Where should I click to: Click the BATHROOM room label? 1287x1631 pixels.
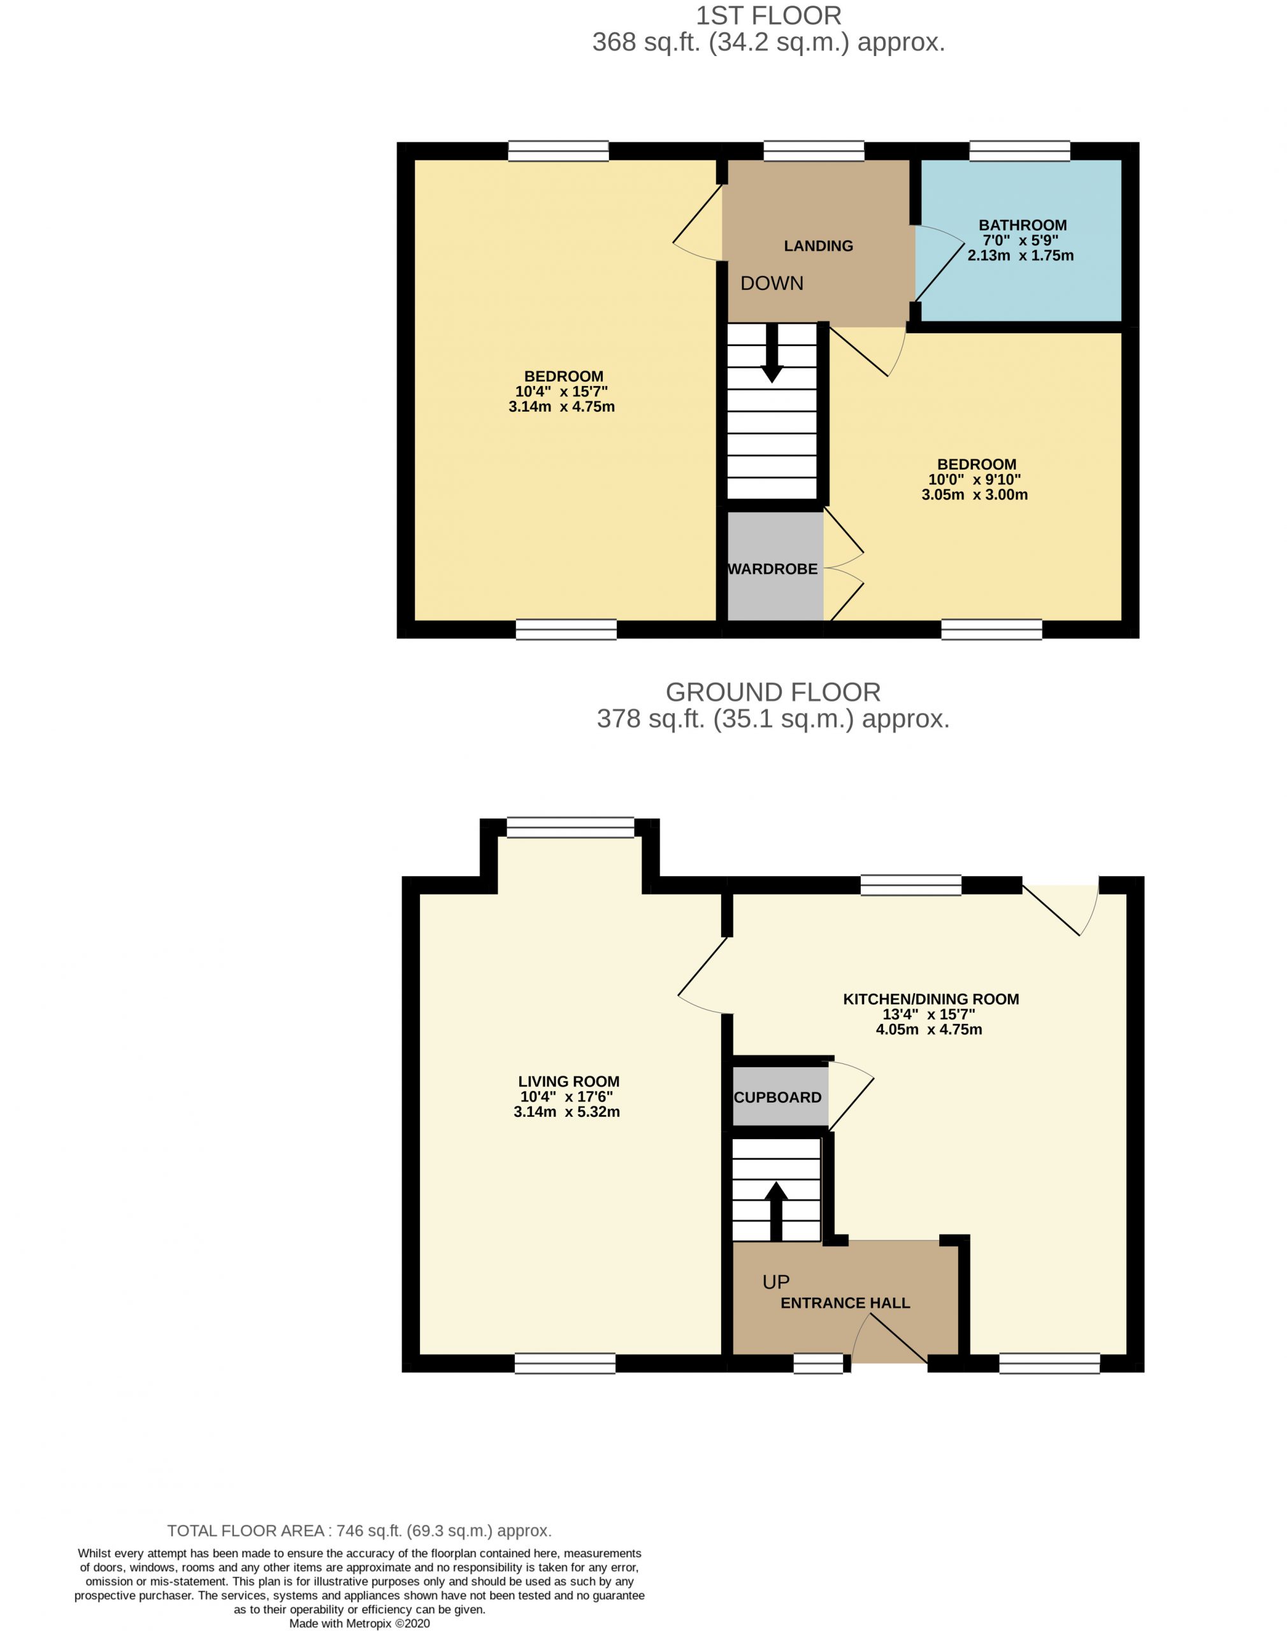(1022, 224)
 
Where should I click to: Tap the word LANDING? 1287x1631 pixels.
(818, 245)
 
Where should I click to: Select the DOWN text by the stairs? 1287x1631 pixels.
(772, 284)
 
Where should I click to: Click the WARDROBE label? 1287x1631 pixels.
(773, 569)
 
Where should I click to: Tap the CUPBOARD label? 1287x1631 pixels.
(778, 1098)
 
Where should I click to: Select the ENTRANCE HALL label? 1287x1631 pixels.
(845, 1302)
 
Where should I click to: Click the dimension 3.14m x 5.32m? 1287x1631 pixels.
(566, 1112)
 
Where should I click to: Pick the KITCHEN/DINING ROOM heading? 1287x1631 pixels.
(931, 999)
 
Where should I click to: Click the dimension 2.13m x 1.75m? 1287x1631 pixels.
(1020, 255)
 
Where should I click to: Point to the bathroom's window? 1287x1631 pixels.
(1019, 150)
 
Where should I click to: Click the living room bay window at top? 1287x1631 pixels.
(570, 827)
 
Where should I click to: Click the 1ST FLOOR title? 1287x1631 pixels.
(768, 15)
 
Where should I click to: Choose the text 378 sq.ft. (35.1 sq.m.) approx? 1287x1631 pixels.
(773, 719)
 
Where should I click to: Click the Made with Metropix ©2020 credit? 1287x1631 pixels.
(359, 1623)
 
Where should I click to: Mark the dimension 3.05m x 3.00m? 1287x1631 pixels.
(974, 495)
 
